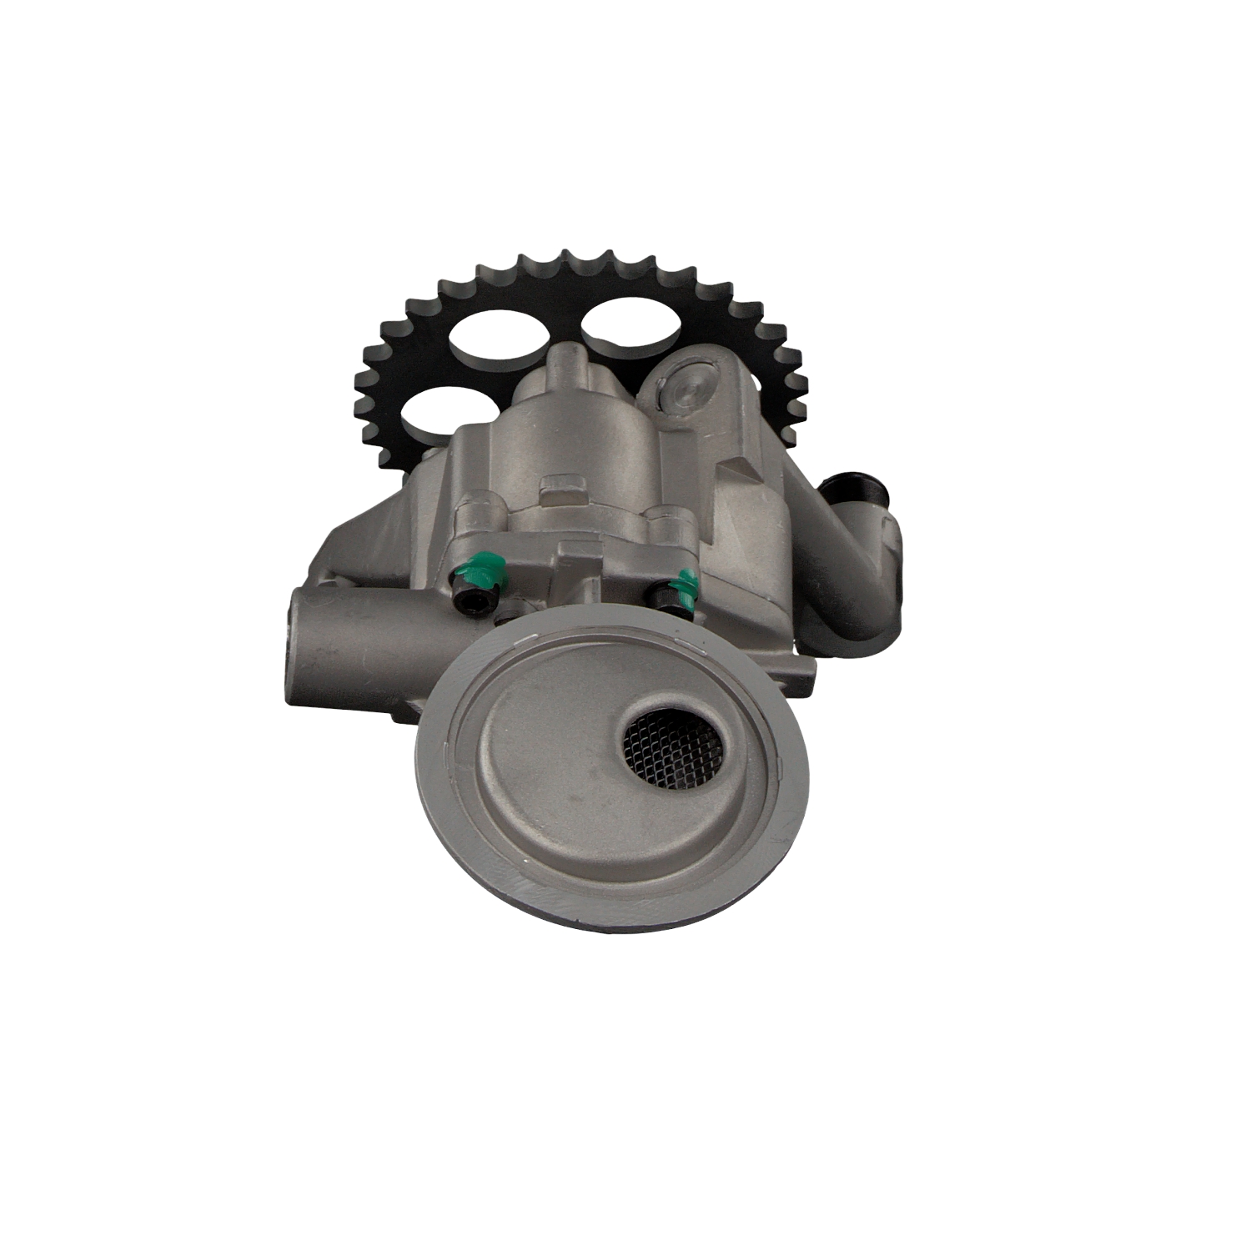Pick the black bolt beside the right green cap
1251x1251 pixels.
663,599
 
